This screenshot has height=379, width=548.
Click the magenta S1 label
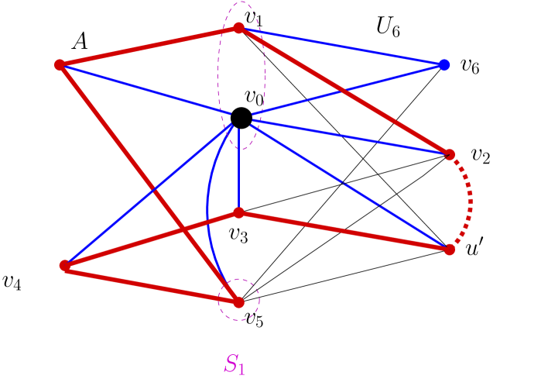coord(235,363)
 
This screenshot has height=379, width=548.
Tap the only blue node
coord(444,64)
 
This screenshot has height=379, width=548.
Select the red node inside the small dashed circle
coord(238,301)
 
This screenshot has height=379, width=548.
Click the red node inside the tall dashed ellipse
coord(239,28)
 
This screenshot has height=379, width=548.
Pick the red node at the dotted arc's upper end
coord(450,154)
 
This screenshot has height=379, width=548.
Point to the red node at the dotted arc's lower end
coord(450,249)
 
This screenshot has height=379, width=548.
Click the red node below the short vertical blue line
coord(238,212)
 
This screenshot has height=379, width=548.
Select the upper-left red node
coord(60,64)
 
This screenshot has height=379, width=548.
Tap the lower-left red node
coord(64,265)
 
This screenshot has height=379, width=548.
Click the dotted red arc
coord(470,202)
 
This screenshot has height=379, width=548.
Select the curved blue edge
coord(207,209)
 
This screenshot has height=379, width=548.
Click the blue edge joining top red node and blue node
coord(341,46)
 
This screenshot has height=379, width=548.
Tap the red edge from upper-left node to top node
coord(147,47)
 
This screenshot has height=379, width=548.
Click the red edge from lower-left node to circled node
coord(151,284)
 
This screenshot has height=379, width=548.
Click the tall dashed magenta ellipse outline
coord(218,78)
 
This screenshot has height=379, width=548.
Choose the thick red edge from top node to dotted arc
coord(344,91)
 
